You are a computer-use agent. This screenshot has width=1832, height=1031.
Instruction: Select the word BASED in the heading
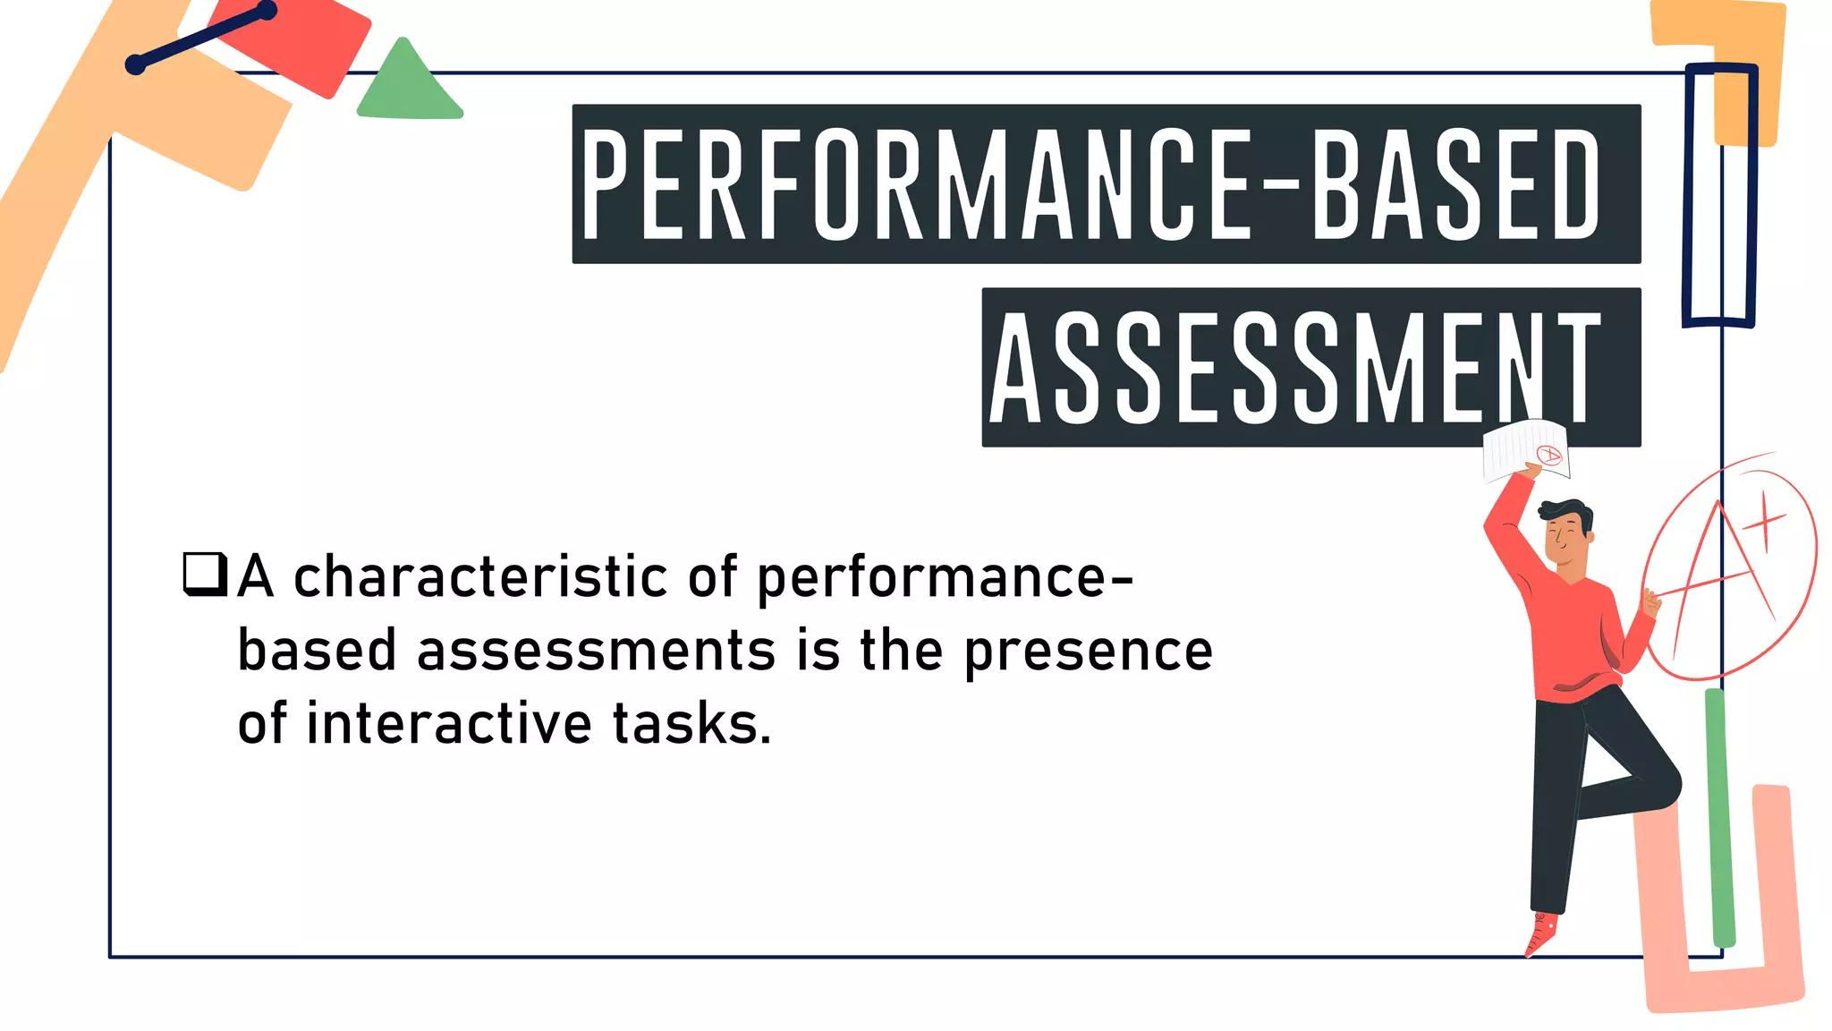(x=1455, y=184)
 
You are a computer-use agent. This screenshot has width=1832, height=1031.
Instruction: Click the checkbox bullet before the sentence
(x=205, y=574)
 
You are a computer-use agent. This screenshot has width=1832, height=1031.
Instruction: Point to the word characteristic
(x=480, y=577)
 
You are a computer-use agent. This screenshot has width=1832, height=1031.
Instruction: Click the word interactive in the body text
(x=448, y=724)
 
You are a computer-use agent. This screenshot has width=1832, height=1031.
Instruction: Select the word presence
(x=1088, y=651)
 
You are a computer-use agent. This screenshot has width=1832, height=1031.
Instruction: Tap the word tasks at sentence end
(x=691, y=724)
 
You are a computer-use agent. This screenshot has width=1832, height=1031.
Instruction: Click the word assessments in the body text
(x=596, y=651)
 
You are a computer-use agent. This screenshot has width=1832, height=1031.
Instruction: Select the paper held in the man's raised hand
(x=1524, y=449)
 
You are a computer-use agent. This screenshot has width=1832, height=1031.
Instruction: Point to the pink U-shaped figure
(x=1722, y=984)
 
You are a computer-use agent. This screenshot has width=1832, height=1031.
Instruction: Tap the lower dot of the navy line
(x=135, y=64)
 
